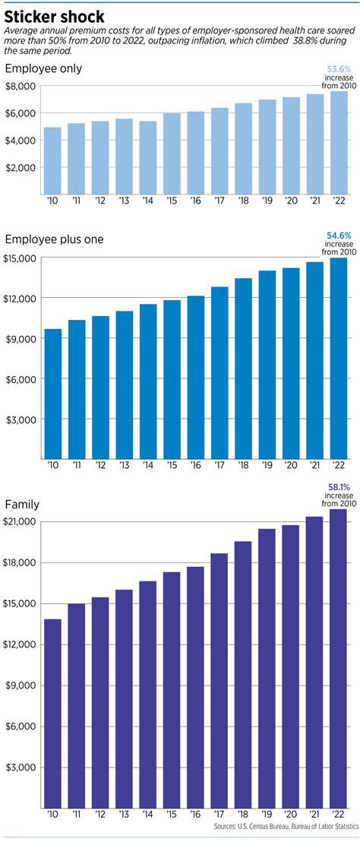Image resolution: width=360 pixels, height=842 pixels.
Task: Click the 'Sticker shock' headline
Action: tap(55, 14)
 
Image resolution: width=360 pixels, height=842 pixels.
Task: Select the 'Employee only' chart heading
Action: tap(43, 69)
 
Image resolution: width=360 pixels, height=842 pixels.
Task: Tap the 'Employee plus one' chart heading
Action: tap(55, 239)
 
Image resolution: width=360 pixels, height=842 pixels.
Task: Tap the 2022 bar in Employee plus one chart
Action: tap(337, 357)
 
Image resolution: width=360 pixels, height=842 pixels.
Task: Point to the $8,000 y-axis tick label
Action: tap(21, 86)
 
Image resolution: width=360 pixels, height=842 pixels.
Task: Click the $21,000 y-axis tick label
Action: tap(21, 521)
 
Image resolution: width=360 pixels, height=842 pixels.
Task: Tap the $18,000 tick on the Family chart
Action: tap(21, 562)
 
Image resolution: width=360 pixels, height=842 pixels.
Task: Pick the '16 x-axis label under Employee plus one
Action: tap(195, 464)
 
